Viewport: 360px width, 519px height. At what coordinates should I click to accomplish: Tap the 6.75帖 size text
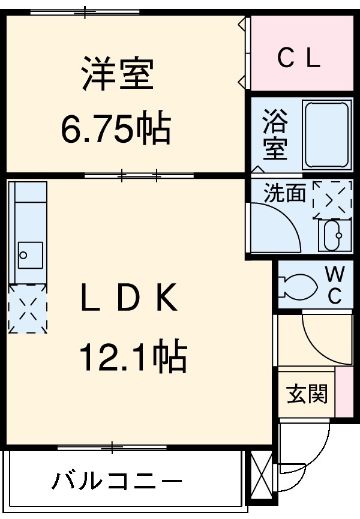116,127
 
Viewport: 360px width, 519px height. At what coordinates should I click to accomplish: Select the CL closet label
298,58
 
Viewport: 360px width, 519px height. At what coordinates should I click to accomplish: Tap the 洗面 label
285,193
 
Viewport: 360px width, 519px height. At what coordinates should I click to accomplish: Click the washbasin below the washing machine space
332,235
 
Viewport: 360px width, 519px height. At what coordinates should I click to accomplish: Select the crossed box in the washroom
332,197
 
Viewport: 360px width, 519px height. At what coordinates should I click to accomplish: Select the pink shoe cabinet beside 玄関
344,392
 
